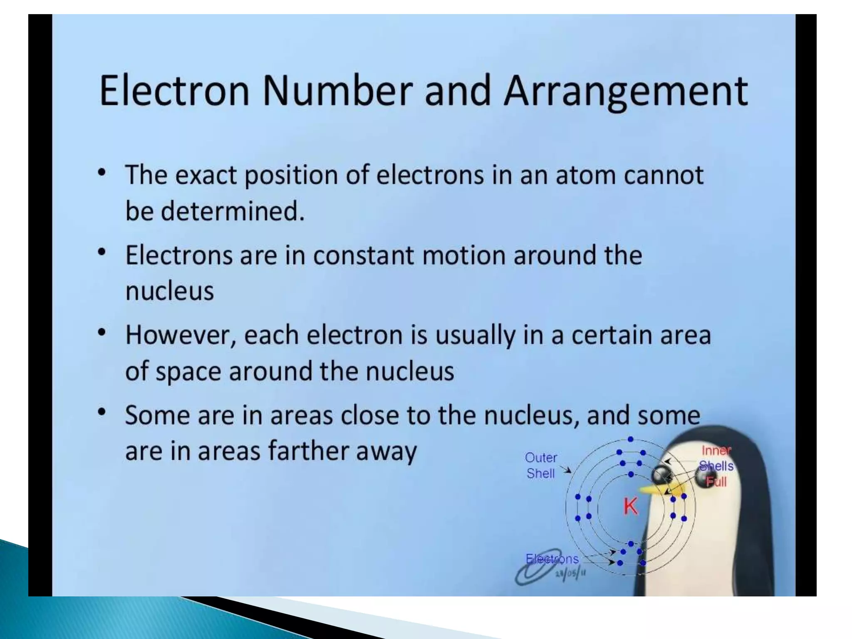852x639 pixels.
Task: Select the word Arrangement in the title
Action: click(626, 92)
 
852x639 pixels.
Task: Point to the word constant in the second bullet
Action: click(363, 255)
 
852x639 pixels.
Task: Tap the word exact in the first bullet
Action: click(206, 175)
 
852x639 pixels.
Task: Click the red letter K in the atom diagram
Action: click(630, 506)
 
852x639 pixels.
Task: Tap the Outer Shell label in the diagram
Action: click(540, 466)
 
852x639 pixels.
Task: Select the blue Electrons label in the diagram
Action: click(552, 559)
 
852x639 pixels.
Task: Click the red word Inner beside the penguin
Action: click(716, 451)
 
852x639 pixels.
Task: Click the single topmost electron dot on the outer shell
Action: click(631, 439)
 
